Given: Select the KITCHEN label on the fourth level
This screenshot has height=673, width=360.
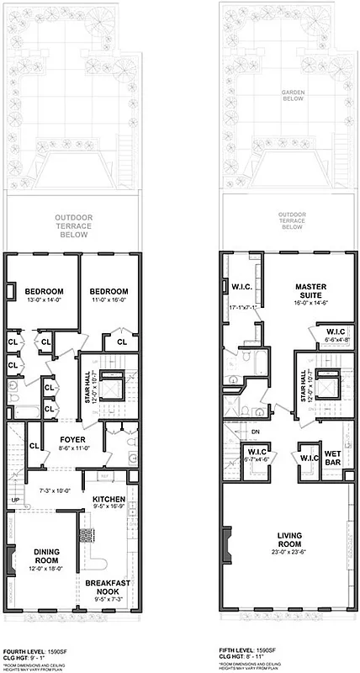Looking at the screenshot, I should [x=109, y=499].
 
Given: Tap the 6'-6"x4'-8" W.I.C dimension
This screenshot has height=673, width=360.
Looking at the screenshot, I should [x=334, y=340].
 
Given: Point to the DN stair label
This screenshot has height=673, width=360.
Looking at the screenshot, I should [x=255, y=434].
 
